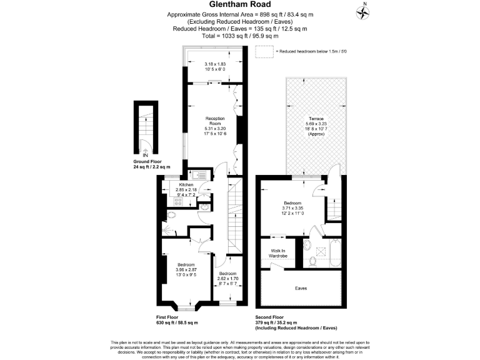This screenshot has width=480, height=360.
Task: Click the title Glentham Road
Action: [x=239, y=6]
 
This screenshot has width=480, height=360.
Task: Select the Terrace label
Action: [x=315, y=119]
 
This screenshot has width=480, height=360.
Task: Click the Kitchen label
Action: [x=187, y=185]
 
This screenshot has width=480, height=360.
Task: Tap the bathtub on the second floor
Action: [x=334, y=254]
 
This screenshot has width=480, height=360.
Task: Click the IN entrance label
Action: [x=145, y=156]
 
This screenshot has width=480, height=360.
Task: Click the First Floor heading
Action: [x=171, y=317]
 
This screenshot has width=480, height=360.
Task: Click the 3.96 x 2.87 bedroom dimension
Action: [x=186, y=269]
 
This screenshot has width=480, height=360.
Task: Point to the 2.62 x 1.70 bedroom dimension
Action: [x=227, y=279]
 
